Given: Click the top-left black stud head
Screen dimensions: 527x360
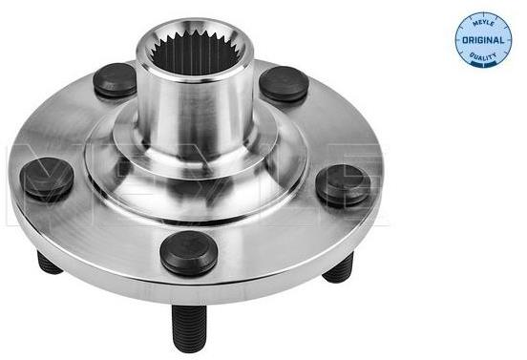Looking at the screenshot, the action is (115, 79).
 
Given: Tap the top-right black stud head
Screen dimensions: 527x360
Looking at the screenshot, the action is (284, 84).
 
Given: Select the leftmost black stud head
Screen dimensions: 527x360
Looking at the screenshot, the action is (47, 178).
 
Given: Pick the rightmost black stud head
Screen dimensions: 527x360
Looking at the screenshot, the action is (343, 184).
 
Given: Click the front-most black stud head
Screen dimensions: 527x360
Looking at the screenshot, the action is (188, 252).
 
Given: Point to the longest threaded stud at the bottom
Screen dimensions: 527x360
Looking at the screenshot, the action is (189, 328).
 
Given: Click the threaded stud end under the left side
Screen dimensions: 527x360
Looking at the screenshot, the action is (48, 263).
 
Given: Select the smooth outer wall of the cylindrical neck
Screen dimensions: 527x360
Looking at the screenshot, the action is (195, 111).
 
